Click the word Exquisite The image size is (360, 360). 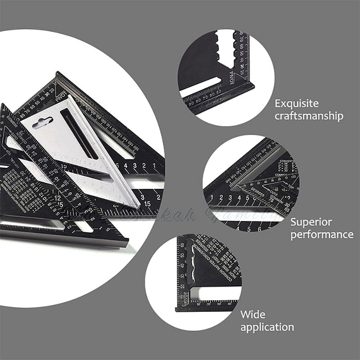[x=297, y=103]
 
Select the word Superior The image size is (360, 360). [x=311, y=222]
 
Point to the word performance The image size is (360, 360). [x=321, y=234]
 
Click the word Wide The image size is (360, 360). [x=252, y=314]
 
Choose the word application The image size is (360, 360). [x=267, y=327]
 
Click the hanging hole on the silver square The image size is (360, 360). [x=43, y=122]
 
